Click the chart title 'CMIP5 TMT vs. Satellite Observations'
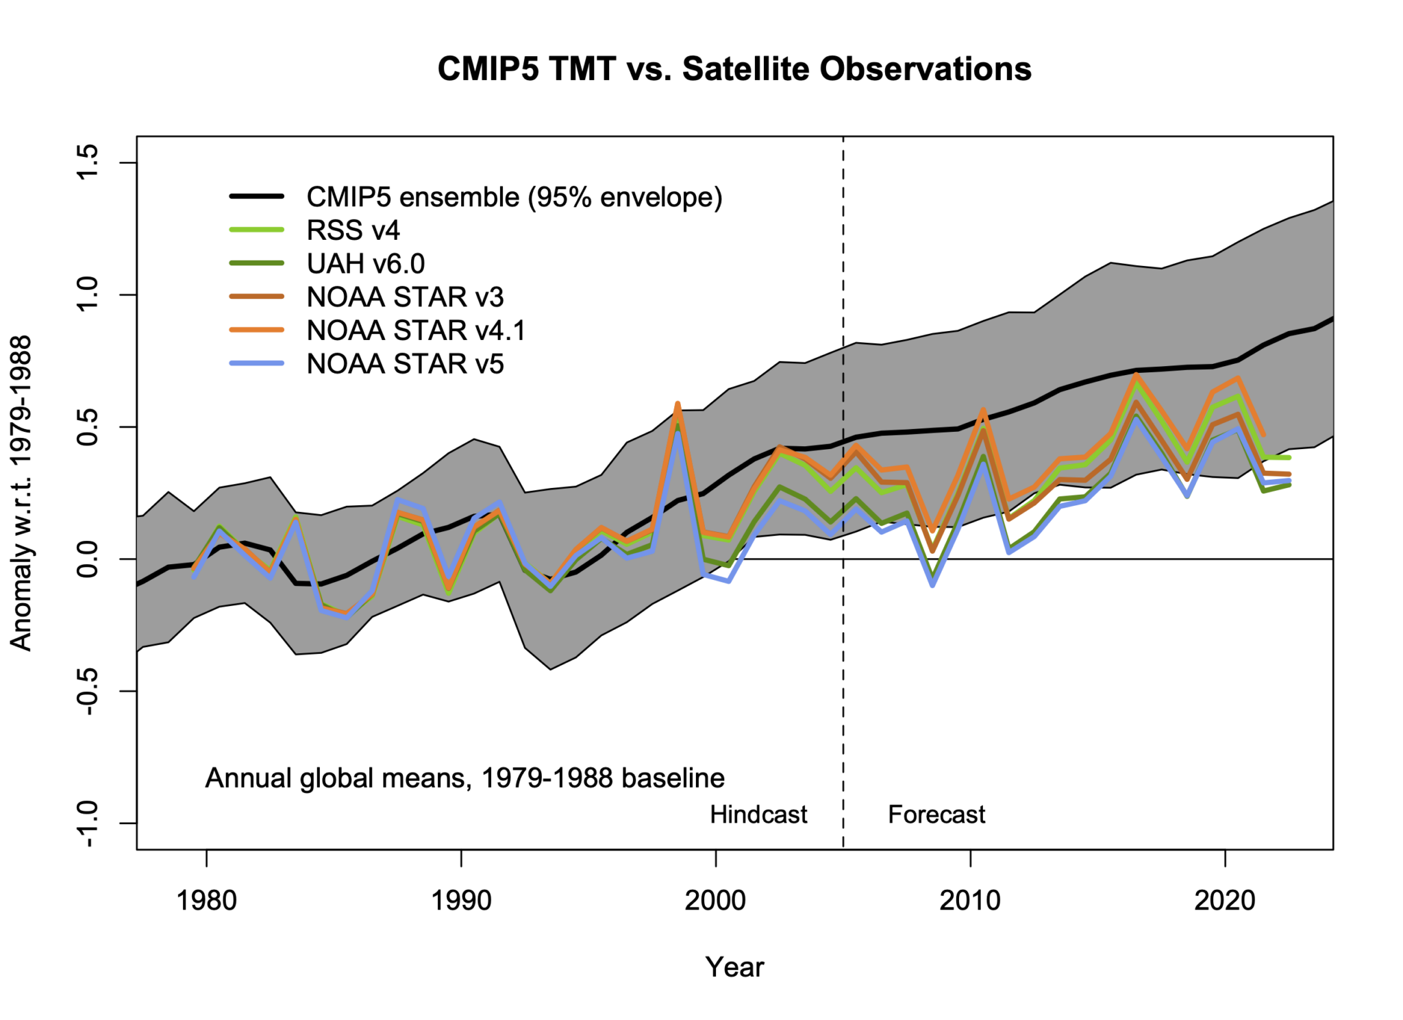click(x=734, y=69)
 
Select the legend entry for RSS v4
click(x=352, y=230)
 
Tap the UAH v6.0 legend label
click(x=365, y=263)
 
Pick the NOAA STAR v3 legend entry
click(x=405, y=297)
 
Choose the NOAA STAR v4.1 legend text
click(x=416, y=330)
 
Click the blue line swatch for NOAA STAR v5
click(x=257, y=363)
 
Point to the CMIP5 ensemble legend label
click(x=514, y=197)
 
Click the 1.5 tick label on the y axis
click(x=88, y=162)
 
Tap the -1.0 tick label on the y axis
click(x=88, y=823)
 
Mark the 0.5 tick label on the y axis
click(x=88, y=427)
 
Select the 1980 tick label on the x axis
click(x=206, y=900)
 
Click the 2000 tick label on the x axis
click(x=715, y=900)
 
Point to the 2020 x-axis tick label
click(x=1224, y=900)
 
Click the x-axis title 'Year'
click(x=734, y=967)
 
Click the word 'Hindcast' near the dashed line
click(x=758, y=814)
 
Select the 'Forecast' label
click(x=936, y=814)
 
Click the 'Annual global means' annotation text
click(x=464, y=778)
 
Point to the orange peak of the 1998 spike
click(x=678, y=404)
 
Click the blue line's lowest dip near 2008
click(x=932, y=585)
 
